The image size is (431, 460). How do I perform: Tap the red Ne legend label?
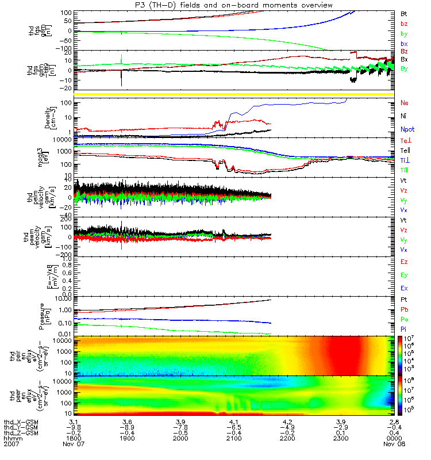point(405,103)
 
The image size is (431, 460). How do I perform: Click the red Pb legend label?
point(404,310)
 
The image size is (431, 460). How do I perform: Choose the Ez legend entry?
point(404,262)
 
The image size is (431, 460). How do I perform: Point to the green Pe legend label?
point(404,319)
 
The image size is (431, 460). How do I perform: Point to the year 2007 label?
point(12,445)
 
